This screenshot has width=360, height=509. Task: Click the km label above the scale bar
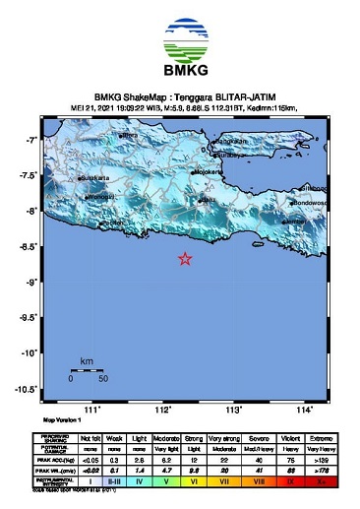click(x=87, y=362)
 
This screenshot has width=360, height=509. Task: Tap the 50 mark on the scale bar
click(x=103, y=378)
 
